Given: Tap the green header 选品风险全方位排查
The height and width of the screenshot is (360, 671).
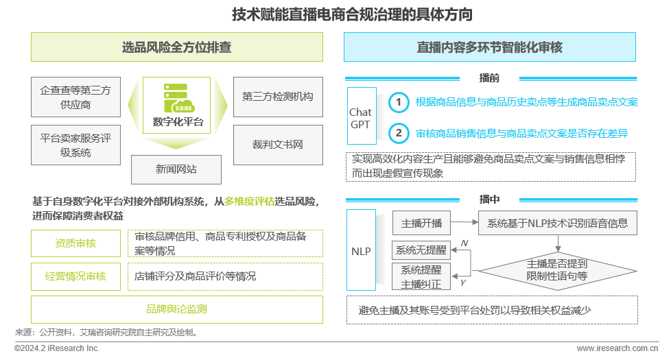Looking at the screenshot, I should pyautogui.click(x=176, y=47).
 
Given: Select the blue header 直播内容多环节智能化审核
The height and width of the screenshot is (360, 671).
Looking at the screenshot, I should pyautogui.click(x=489, y=47).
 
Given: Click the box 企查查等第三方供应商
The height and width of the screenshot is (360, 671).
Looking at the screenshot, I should pyautogui.click(x=75, y=97).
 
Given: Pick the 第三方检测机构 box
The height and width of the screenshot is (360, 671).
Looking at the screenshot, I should pyautogui.click(x=278, y=97).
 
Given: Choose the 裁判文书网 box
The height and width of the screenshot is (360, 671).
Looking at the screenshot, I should pyautogui.click(x=278, y=145).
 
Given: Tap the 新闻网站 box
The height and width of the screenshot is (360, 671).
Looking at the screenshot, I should pyautogui.click(x=176, y=169).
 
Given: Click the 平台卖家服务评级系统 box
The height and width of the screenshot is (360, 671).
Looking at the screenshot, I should pyautogui.click(x=75, y=145).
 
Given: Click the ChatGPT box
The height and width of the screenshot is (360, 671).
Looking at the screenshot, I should pyautogui.click(x=361, y=118).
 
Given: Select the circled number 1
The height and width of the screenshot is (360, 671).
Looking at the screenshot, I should pyautogui.click(x=398, y=103).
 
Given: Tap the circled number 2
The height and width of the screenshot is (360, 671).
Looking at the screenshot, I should pyautogui.click(x=398, y=133).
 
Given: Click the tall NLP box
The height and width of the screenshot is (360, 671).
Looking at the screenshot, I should pyautogui.click(x=361, y=252).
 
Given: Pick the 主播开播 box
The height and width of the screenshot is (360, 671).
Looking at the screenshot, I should pyautogui.click(x=421, y=223).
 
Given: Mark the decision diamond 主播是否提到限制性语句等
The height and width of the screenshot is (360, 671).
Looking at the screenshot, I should pyautogui.click(x=556, y=269).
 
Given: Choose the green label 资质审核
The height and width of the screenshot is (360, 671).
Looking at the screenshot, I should pyautogui.click(x=75, y=243).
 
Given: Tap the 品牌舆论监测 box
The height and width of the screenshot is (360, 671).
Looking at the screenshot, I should pyautogui.click(x=176, y=309).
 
